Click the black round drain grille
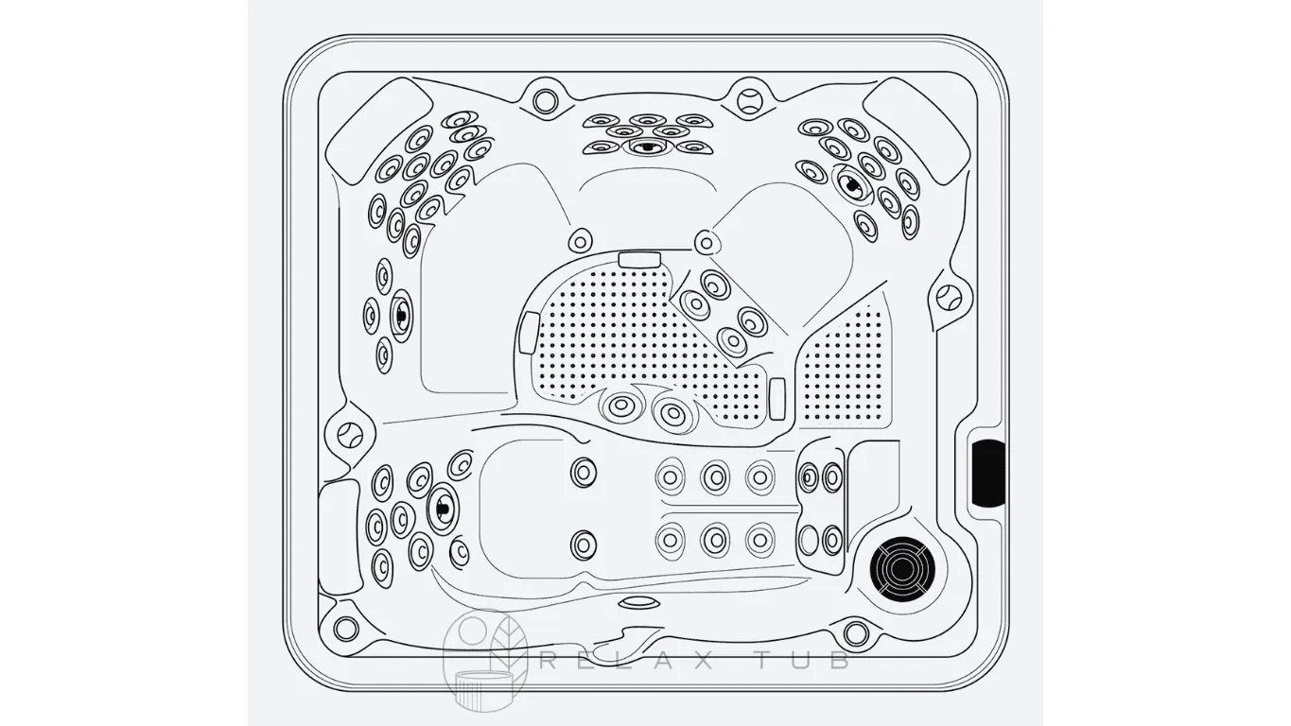[x=901, y=569]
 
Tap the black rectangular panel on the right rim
[x=987, y=473]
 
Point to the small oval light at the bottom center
[x=638, y=602]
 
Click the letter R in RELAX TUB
[x=550, y=661]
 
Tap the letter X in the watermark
[x=701, y=661]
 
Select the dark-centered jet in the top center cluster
[x=646, y=147]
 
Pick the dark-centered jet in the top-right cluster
[x=851, y=183]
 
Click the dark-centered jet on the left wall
[x=401, y=315]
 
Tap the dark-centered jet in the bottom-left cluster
[x=442, y=507]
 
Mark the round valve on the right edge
[x=948, y=298]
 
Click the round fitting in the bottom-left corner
[x=346, y=628]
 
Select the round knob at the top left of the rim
[x=545, y=101]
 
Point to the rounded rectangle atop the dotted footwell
[x=639, y=259]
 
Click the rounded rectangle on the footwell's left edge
[x=529, y=333]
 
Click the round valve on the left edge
[x=349, y=435]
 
